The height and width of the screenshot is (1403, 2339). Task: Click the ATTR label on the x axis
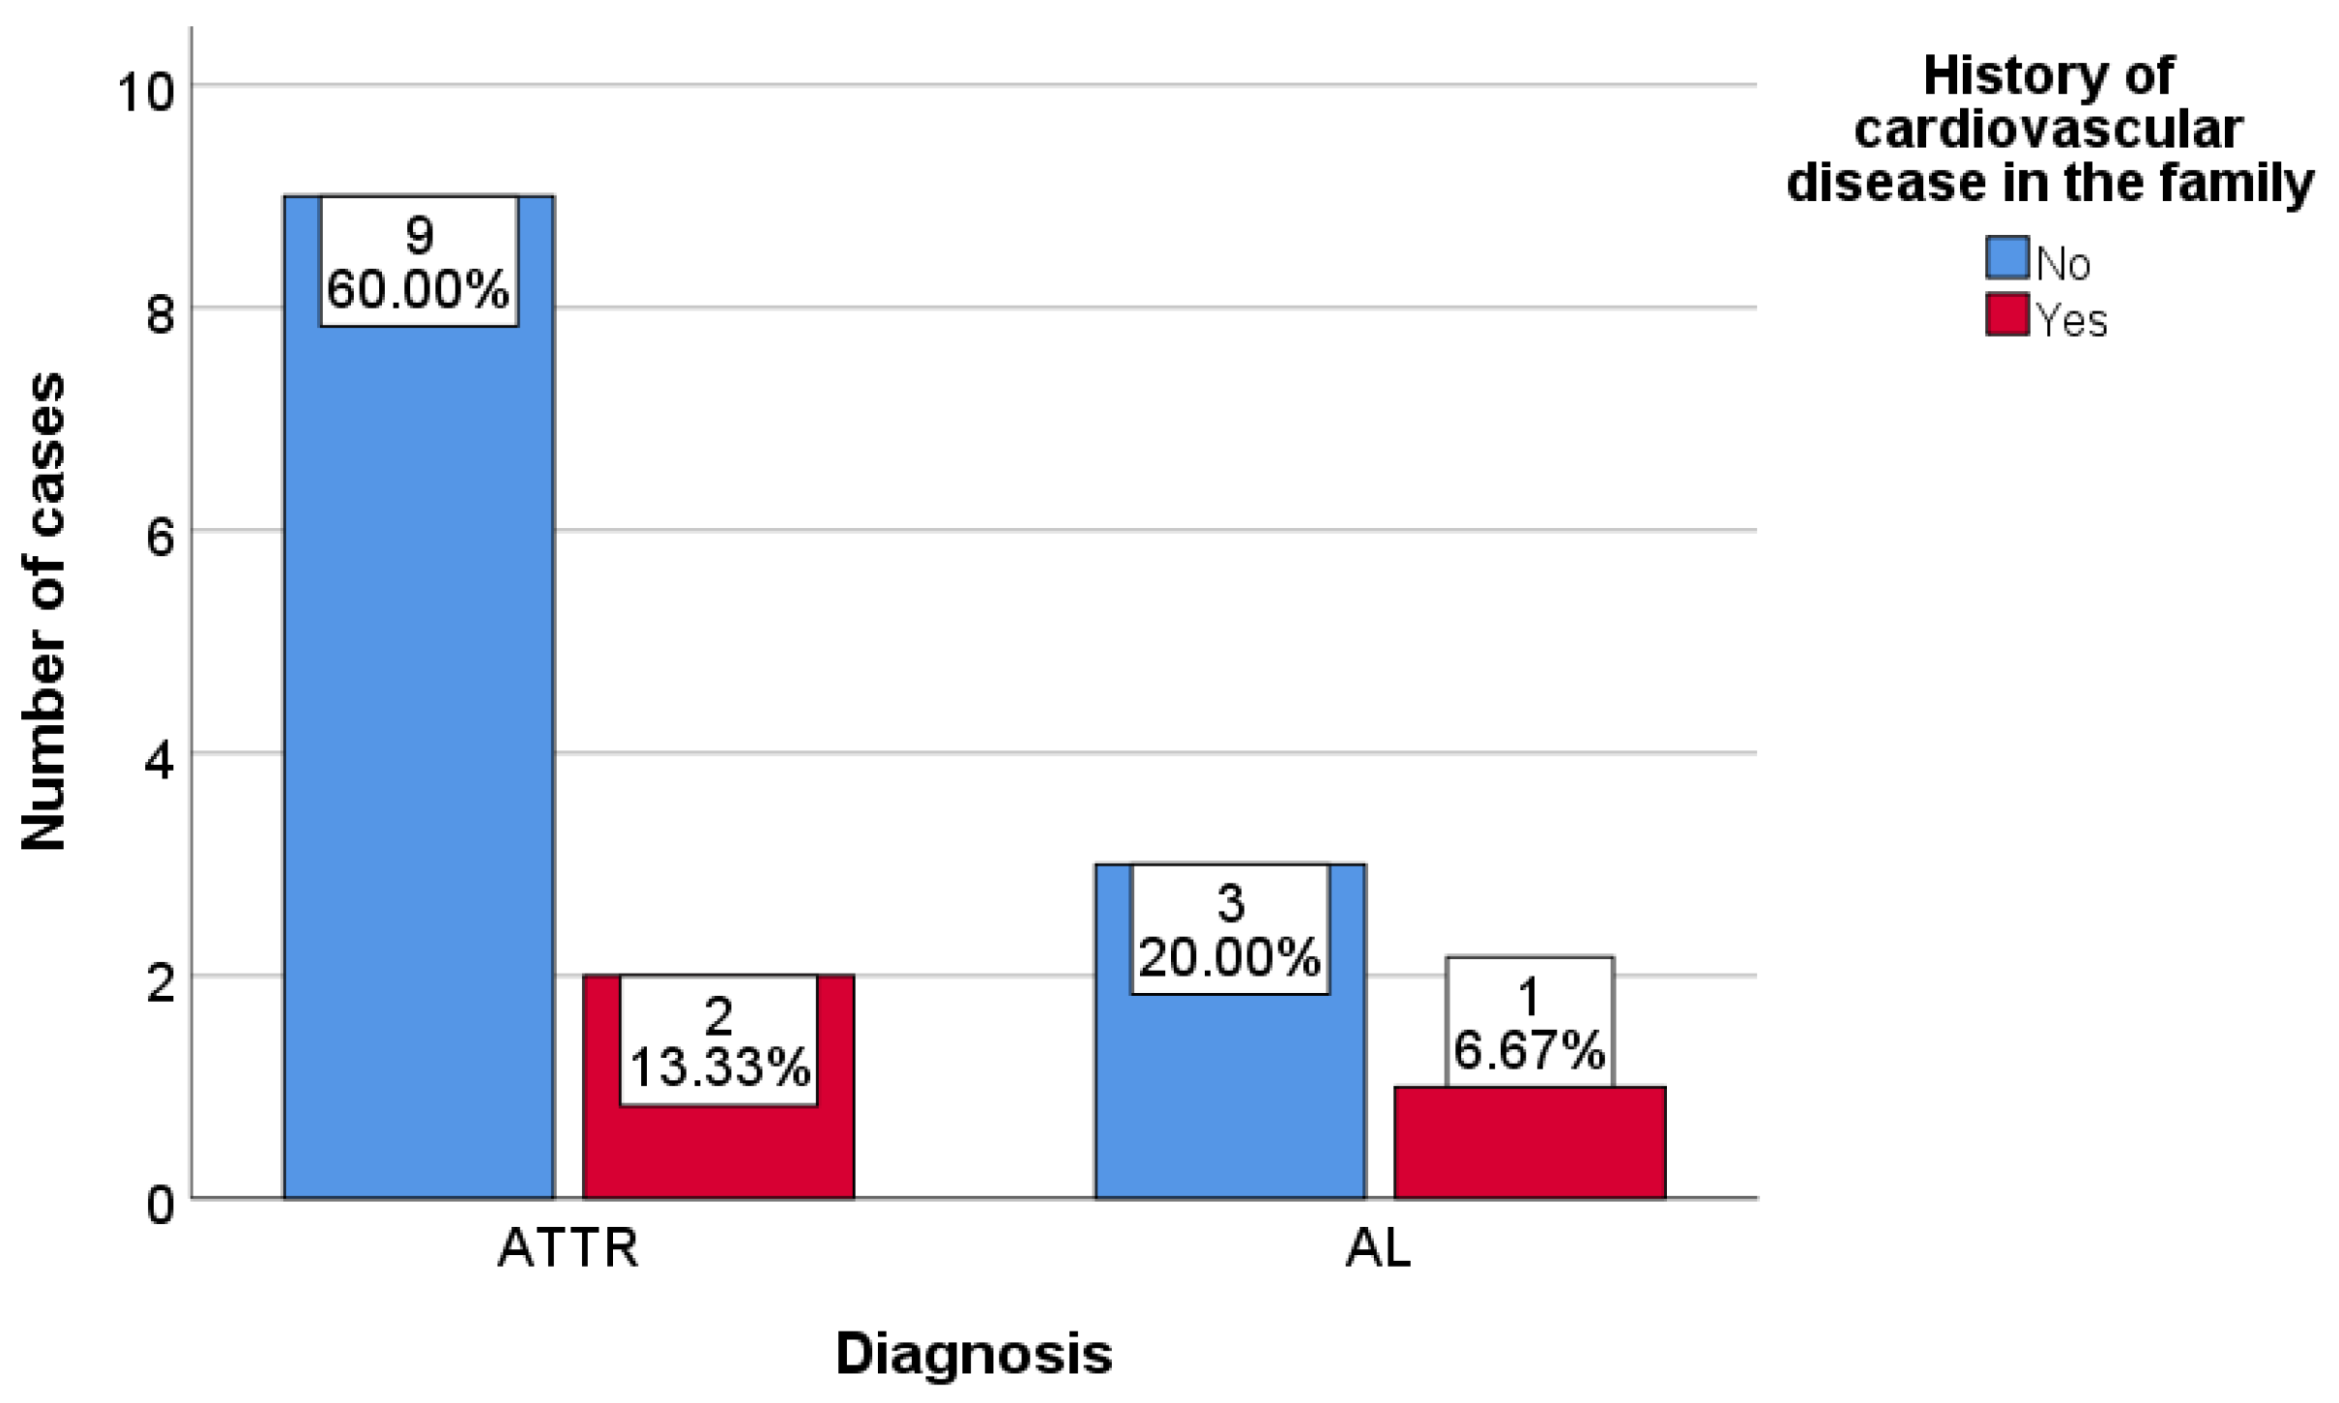(568, 1248)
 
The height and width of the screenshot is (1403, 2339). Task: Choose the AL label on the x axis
(1378, 1248)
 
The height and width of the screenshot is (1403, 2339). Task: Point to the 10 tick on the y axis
(145, 93)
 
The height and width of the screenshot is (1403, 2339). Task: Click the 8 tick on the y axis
(160, 315)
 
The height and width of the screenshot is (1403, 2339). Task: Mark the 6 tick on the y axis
(160, 538)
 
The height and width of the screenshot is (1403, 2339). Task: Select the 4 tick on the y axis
(160, 760)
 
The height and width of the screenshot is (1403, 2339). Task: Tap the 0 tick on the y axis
(160, 1205)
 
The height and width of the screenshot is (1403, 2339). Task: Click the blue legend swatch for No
(2006, 259)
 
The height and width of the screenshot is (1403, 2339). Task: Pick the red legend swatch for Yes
(2006, 315)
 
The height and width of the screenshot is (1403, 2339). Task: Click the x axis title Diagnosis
(974, 1354)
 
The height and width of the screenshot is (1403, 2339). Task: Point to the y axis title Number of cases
(44, 611)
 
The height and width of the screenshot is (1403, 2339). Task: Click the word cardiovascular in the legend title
(2048, 130)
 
